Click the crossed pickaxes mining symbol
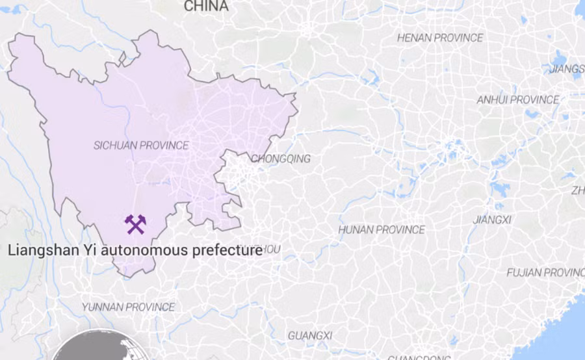coord(135,224)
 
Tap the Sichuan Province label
coord(141,146)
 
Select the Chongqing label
coord(281,159)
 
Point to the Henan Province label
coord(440,38)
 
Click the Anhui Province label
coord(517,100)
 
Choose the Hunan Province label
coord(382,229)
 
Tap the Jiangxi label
coord(492,220)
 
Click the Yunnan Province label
coord(128,307)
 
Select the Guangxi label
coord(310,335)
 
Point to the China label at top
coord(206,6)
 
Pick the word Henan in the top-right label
coord(414,38)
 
